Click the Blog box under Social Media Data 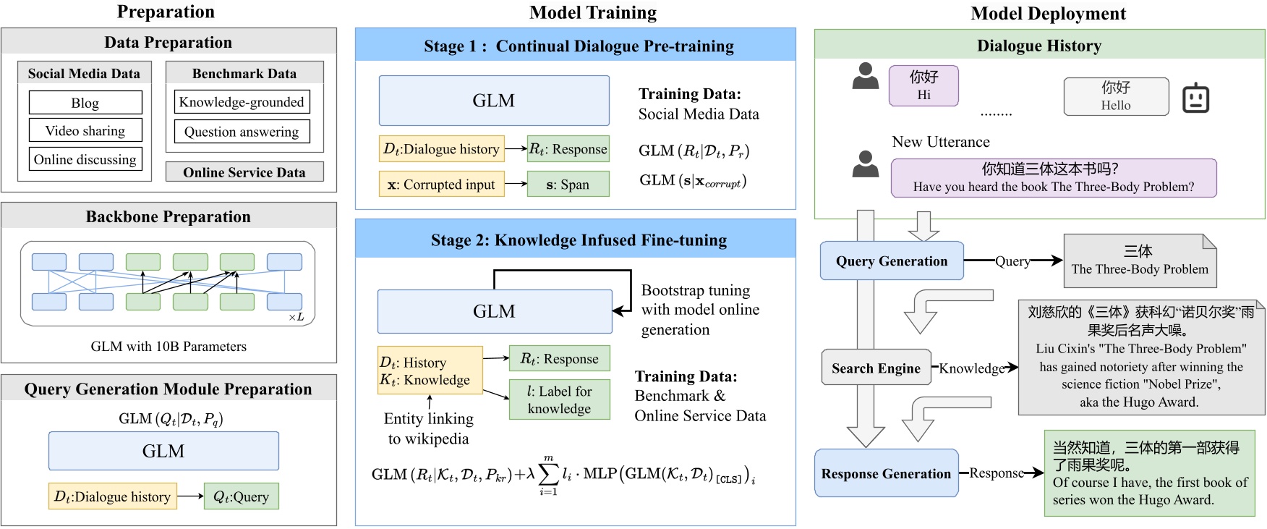(x=85, y=103)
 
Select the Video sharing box (x=85, y=130)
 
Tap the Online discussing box (x=85, y=159)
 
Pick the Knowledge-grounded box (x=242, y=102)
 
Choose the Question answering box (x=242, y=132)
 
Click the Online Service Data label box (x=244, y=172)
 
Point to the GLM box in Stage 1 (x=494, y=101)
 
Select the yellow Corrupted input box (x=441, y=184)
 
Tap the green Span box (x=568, y=184)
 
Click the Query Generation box (x=892, y=261)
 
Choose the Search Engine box (x=876, y=368)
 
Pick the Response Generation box (x=887, y=473)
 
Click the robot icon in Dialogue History (x=1195, y=98)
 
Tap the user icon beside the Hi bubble (x=865, y=76)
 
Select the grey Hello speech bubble (x=1116, y=96)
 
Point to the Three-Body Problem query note (x=1140, y=261)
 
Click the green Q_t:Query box (x=241, y=496)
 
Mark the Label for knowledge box (x=559, y=399)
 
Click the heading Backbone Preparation (x=168, y=216)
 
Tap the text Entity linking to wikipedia (x=429, y=428)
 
